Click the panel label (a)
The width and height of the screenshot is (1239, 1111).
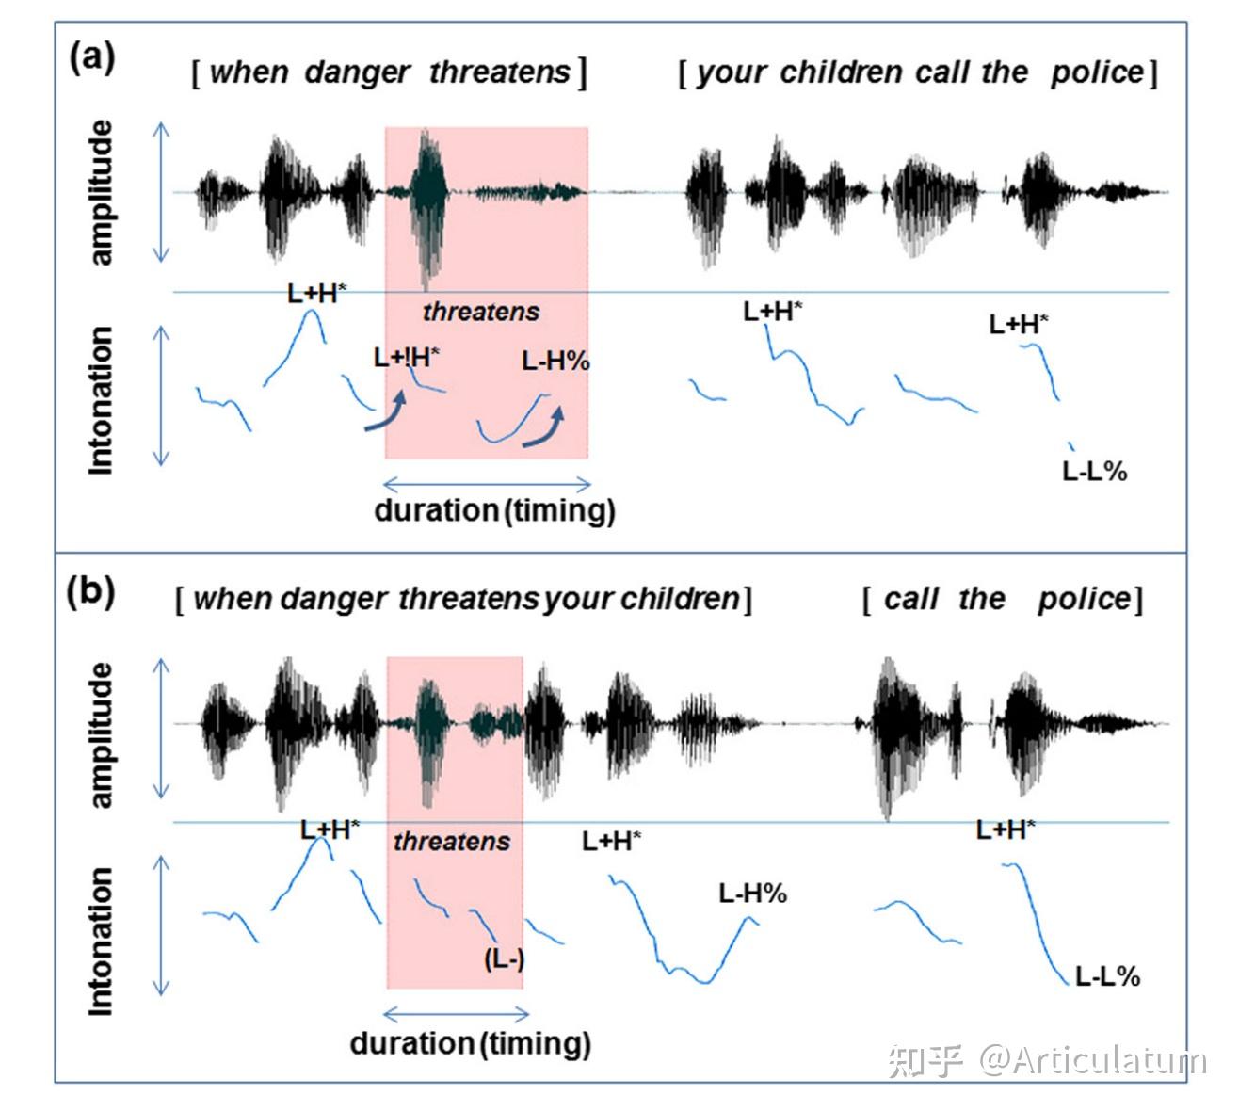click(91, 58)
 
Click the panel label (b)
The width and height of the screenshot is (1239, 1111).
click(91, 593)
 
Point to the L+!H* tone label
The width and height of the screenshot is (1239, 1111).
click(406, 358)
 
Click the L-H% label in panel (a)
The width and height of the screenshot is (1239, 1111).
click(555, 361)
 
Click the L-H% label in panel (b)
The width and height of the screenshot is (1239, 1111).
click(752, 894)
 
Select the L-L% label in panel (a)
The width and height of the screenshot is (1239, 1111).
click(1094, 472)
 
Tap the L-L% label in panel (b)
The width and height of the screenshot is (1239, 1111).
click(1107, 976)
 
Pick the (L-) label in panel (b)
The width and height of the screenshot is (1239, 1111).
click(504, 959)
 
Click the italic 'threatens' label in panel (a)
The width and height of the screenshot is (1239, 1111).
click(480, 312)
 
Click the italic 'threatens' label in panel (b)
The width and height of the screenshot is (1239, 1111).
click(451, 841)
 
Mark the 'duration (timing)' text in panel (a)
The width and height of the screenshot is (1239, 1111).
click(494, 511)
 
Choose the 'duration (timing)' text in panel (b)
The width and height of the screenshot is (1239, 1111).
click(470, 1043)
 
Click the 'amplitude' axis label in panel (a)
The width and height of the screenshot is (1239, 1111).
click(101, 193)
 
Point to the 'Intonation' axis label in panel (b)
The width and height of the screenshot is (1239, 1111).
click(101, 941)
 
